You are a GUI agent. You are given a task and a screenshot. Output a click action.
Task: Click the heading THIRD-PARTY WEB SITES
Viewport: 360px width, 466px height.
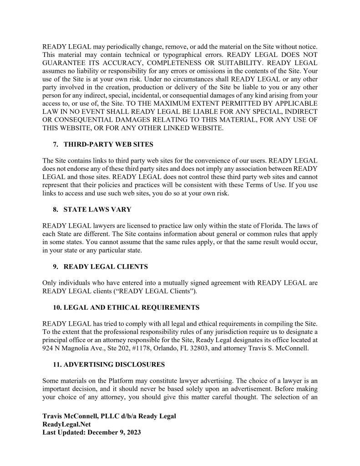108,144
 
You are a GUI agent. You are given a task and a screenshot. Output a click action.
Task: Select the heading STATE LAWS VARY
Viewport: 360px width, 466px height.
97,210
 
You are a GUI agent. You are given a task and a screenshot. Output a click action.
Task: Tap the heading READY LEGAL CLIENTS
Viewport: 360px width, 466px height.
106,266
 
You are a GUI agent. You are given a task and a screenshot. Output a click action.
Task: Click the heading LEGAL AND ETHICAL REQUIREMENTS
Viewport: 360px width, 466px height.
131,307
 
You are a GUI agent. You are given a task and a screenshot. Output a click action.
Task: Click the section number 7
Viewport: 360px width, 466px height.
56,144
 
